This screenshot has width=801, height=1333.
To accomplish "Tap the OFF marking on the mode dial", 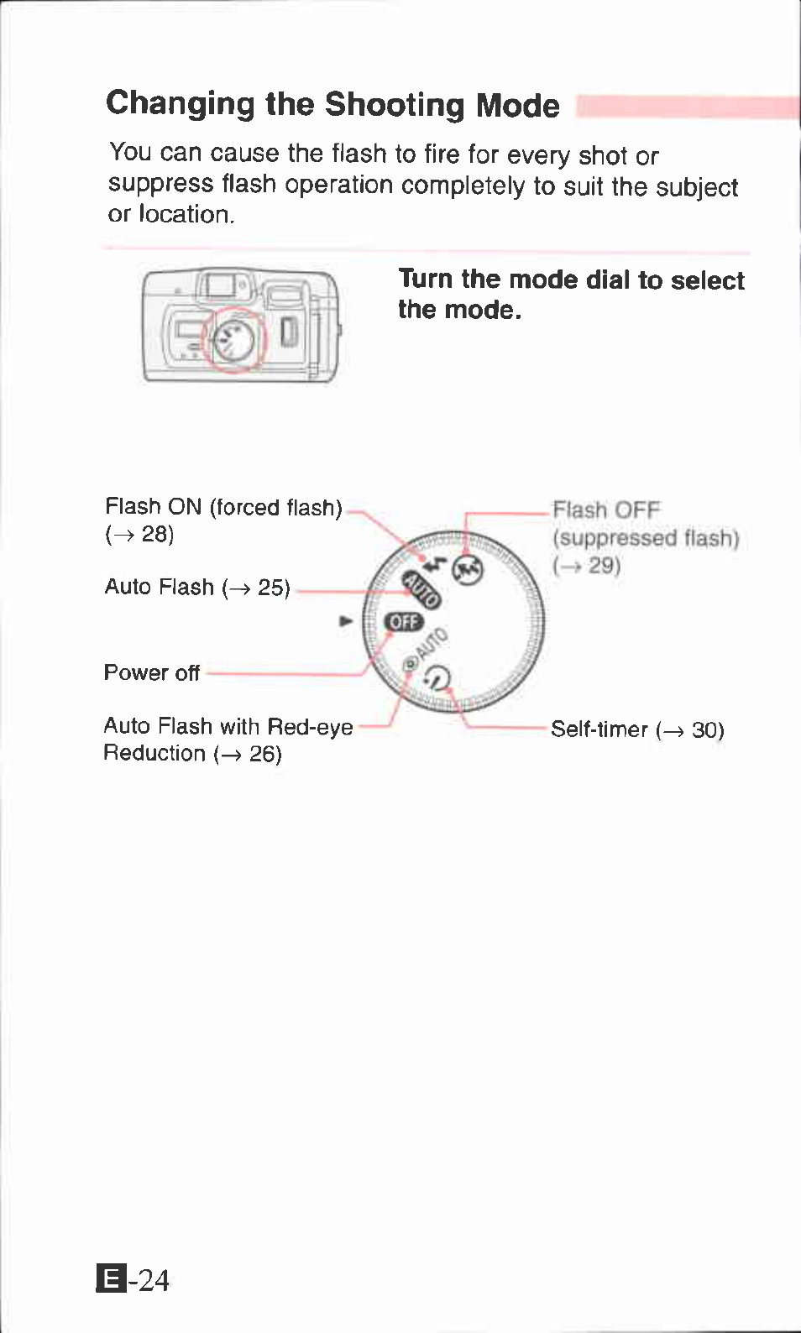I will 404,622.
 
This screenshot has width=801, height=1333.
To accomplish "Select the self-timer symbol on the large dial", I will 437,677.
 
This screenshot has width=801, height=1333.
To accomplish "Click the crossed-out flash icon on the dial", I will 468,570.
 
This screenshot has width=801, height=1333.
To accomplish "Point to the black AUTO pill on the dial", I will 421,588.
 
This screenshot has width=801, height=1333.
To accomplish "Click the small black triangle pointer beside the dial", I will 345,621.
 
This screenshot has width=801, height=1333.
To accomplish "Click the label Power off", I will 151,672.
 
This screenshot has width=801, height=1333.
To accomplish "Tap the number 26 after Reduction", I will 264,754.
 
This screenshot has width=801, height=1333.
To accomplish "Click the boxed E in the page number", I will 112,1279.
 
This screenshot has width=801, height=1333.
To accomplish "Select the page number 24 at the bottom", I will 154,1280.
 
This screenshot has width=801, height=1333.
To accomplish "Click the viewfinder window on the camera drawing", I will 221,285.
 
